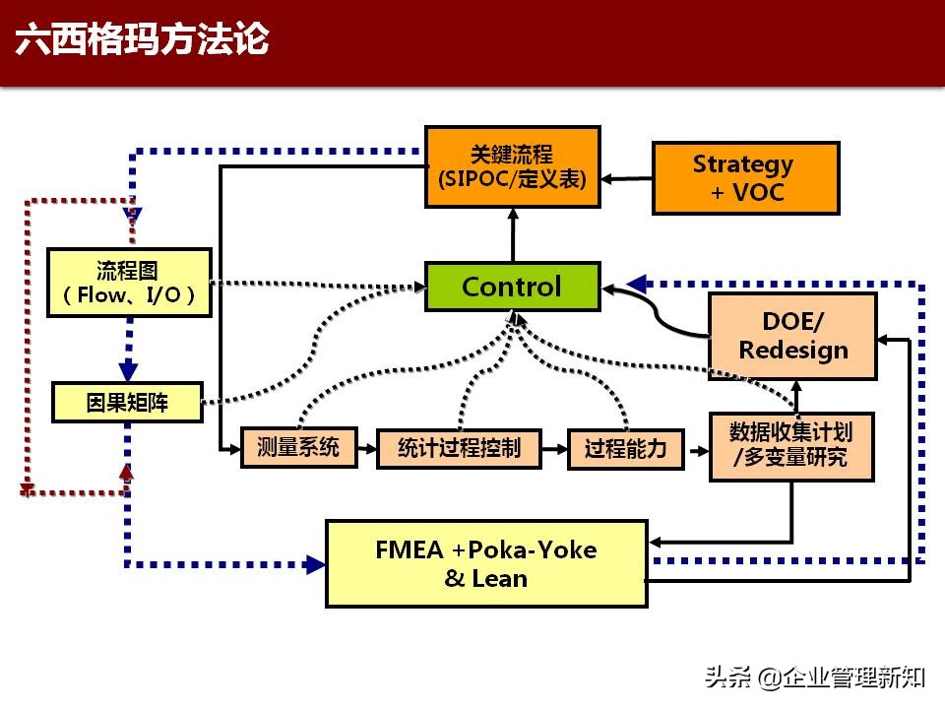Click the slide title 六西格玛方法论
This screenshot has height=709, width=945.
[143, 41]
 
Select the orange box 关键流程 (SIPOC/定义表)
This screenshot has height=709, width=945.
[512, 166]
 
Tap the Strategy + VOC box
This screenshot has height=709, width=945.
[745, 178]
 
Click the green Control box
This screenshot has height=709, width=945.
[512, 287]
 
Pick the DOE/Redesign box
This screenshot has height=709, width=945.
[792, 336]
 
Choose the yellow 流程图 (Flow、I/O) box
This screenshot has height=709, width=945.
[129, 283]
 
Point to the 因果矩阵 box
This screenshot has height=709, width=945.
[127, 402]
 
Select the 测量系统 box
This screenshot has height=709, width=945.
[298, 448]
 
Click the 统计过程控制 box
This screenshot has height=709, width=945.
[459, 449]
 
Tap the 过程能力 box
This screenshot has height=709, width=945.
[625, 449]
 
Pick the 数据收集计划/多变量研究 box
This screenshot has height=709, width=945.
[791, 446]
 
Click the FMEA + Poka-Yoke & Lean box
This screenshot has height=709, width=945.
[486, 563]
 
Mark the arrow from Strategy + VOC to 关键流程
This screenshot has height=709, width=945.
[626, 179]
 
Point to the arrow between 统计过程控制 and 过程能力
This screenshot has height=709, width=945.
[556, 450]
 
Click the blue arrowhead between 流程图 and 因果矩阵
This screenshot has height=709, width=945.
[128, 369]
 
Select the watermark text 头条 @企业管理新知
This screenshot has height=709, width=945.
[813, 677]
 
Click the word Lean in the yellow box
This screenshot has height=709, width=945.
[500, 579]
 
